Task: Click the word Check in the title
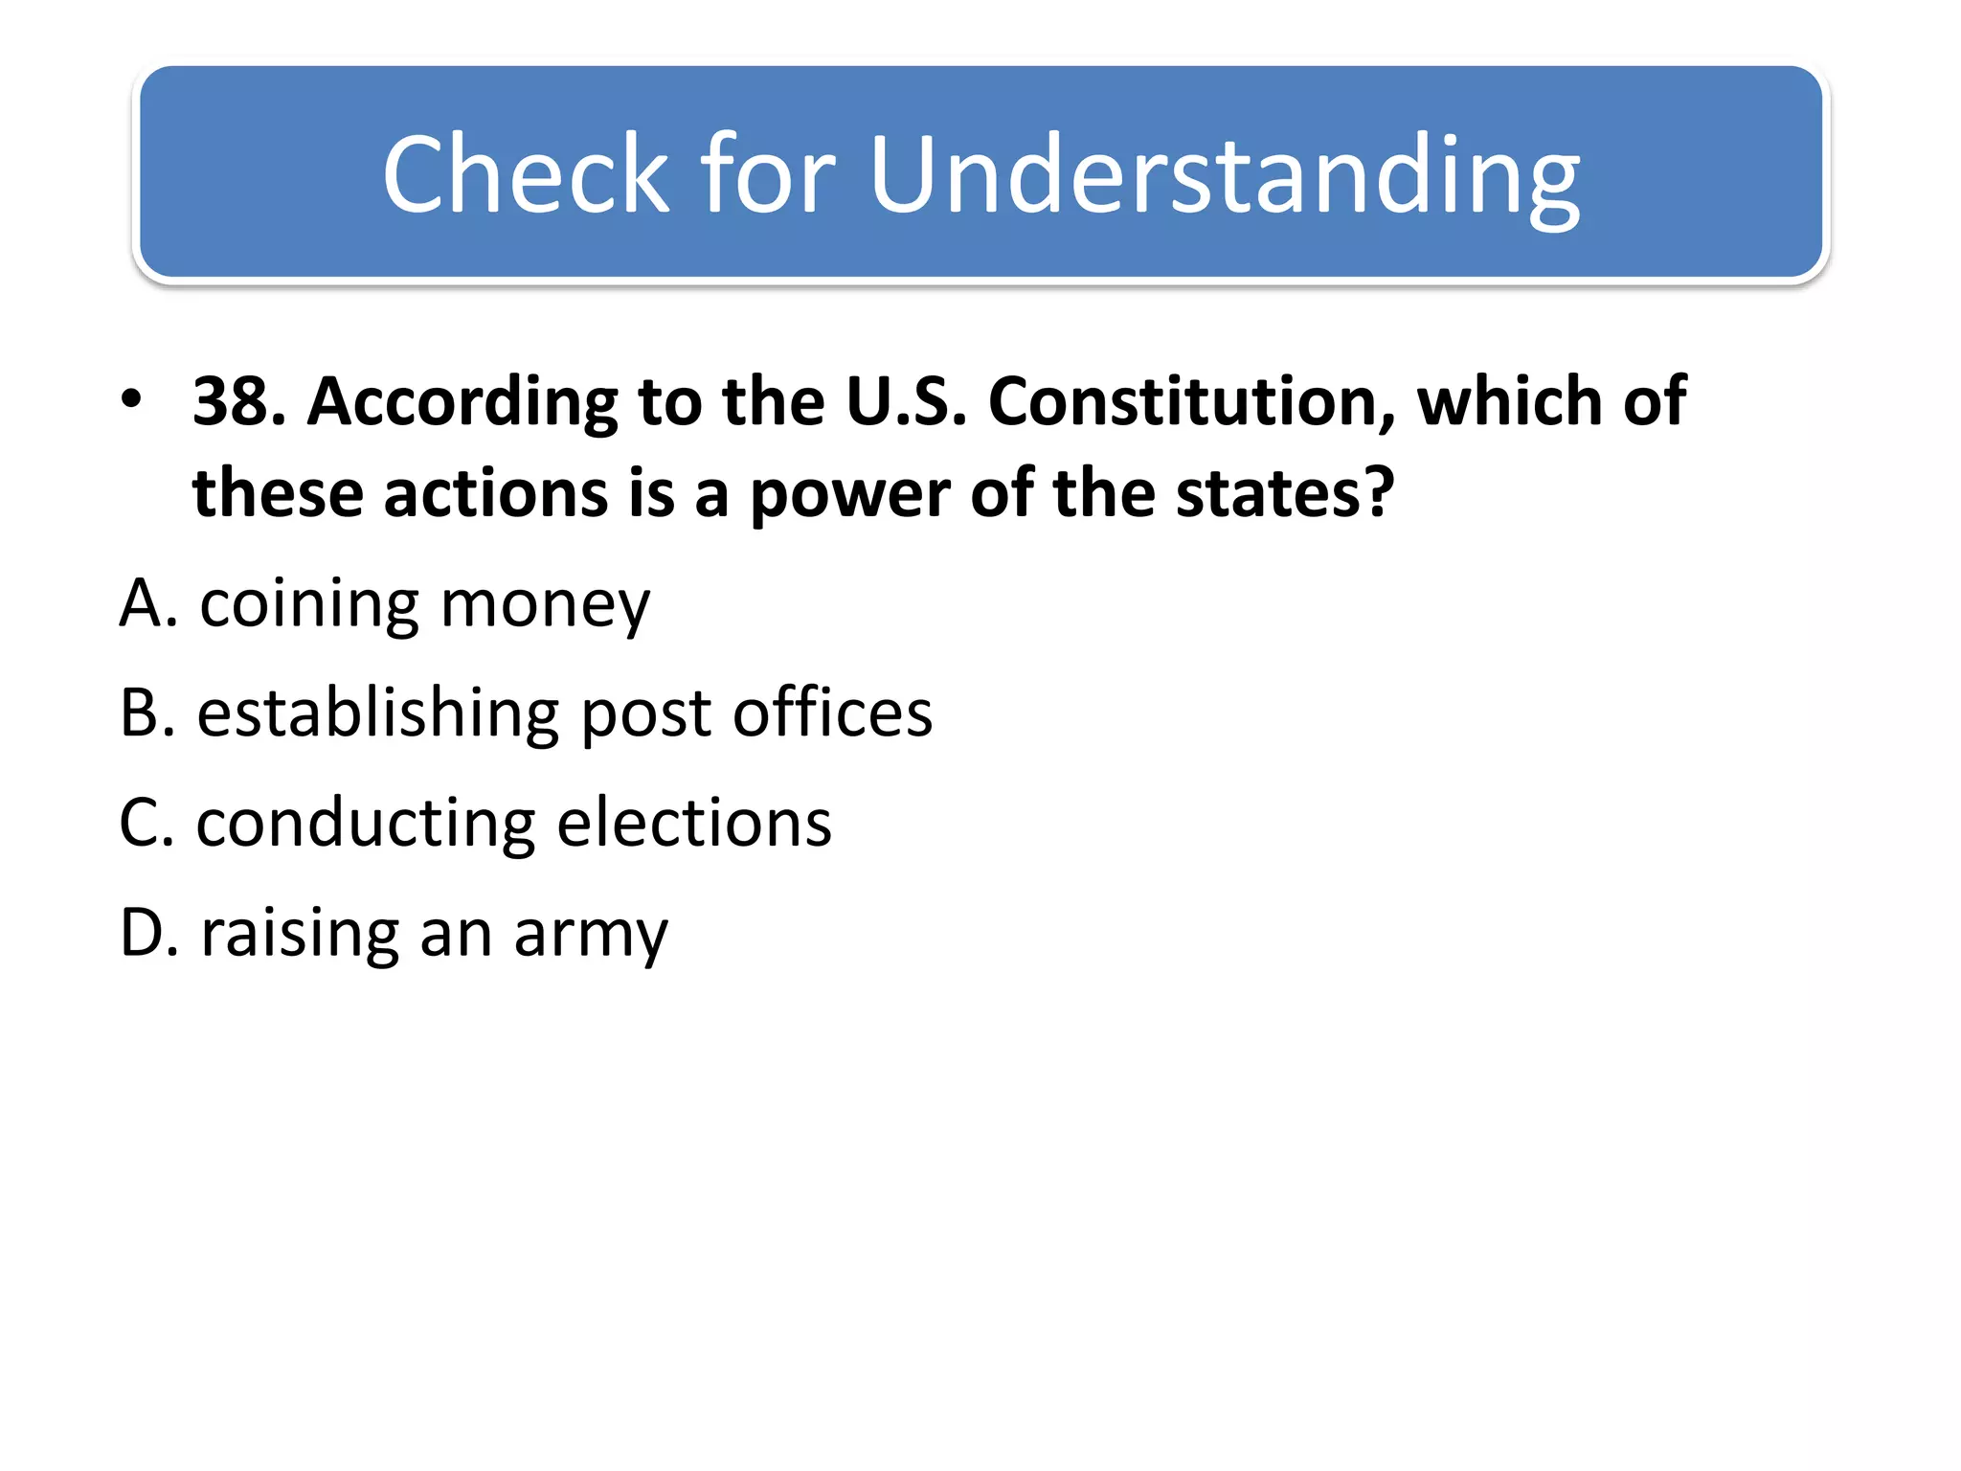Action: click(x=526, y=174)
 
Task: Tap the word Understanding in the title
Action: click(x=1225, y=176)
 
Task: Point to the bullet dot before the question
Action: click(x=132, y=397)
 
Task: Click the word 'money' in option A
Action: click(x=545, y=607)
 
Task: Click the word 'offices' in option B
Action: click(x=832, y=713)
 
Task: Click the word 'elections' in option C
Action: click(x=694, y=823)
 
